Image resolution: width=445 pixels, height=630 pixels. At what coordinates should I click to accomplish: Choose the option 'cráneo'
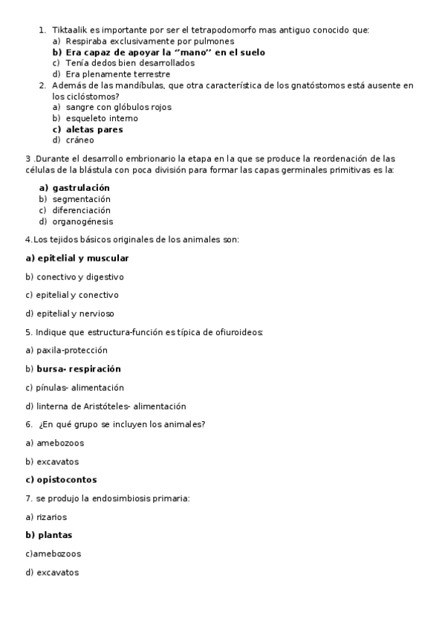(x=79, y=140)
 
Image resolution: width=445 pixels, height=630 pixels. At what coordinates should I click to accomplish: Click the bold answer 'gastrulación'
(x=81, y=188)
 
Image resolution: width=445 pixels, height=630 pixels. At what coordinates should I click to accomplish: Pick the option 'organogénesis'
(x=82, y=221)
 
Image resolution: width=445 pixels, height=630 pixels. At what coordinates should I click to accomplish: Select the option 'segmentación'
(x=81, y=199)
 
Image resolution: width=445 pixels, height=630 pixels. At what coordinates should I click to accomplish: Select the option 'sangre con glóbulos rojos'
(x=119, y=107)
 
